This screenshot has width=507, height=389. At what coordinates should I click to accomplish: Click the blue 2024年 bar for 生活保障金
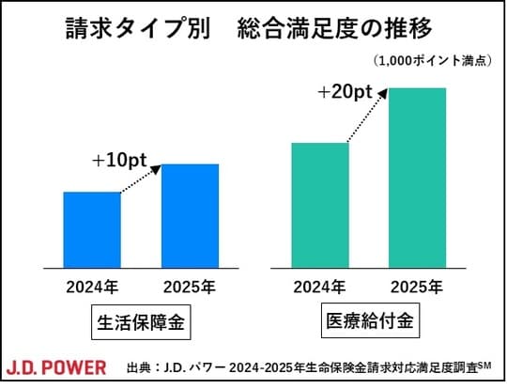click(91, 229)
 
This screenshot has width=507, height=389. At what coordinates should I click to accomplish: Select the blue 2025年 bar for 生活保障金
click(190, 215)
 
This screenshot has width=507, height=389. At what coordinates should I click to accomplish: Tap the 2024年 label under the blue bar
click(91, 287)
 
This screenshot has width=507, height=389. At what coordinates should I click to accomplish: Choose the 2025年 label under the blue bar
click(190, 287)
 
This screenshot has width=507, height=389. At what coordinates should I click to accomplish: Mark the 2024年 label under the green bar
click(320, 287)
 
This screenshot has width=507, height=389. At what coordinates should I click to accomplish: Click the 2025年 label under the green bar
click(418, 287)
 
